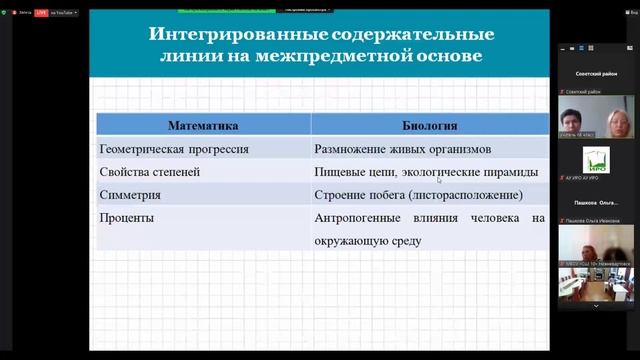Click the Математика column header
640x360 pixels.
202,126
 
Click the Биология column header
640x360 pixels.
430,126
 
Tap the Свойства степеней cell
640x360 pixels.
150,172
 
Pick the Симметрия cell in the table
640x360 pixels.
132,194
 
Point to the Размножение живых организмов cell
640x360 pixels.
403,149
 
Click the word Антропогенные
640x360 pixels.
358,217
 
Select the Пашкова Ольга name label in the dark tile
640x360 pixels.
595,203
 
